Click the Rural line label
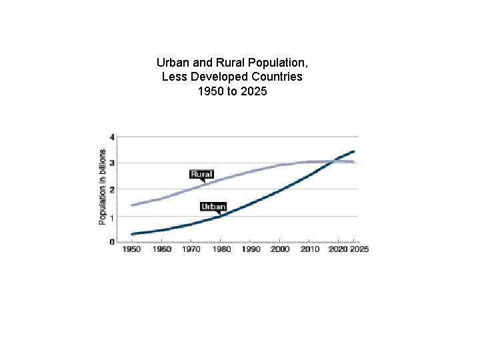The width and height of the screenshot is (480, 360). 201,174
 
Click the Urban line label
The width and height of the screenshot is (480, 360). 213,207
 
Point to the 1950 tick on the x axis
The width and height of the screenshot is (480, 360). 132,249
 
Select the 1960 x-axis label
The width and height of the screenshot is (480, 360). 162,249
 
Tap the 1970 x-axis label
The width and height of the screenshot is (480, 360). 191,249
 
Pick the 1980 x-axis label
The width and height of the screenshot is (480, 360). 221,249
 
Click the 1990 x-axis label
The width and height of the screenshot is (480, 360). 251,249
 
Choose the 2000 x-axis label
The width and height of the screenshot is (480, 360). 280,249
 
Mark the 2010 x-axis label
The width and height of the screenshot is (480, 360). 310,249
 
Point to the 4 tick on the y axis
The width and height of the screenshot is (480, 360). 112,137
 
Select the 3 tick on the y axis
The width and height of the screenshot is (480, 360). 112,163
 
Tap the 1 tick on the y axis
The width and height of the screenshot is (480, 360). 112,217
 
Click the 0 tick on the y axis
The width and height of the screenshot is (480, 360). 112,242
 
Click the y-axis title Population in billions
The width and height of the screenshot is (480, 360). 103,187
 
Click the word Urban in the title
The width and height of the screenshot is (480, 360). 171,62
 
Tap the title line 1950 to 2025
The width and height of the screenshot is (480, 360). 232,91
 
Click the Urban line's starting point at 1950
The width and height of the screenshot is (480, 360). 133,234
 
